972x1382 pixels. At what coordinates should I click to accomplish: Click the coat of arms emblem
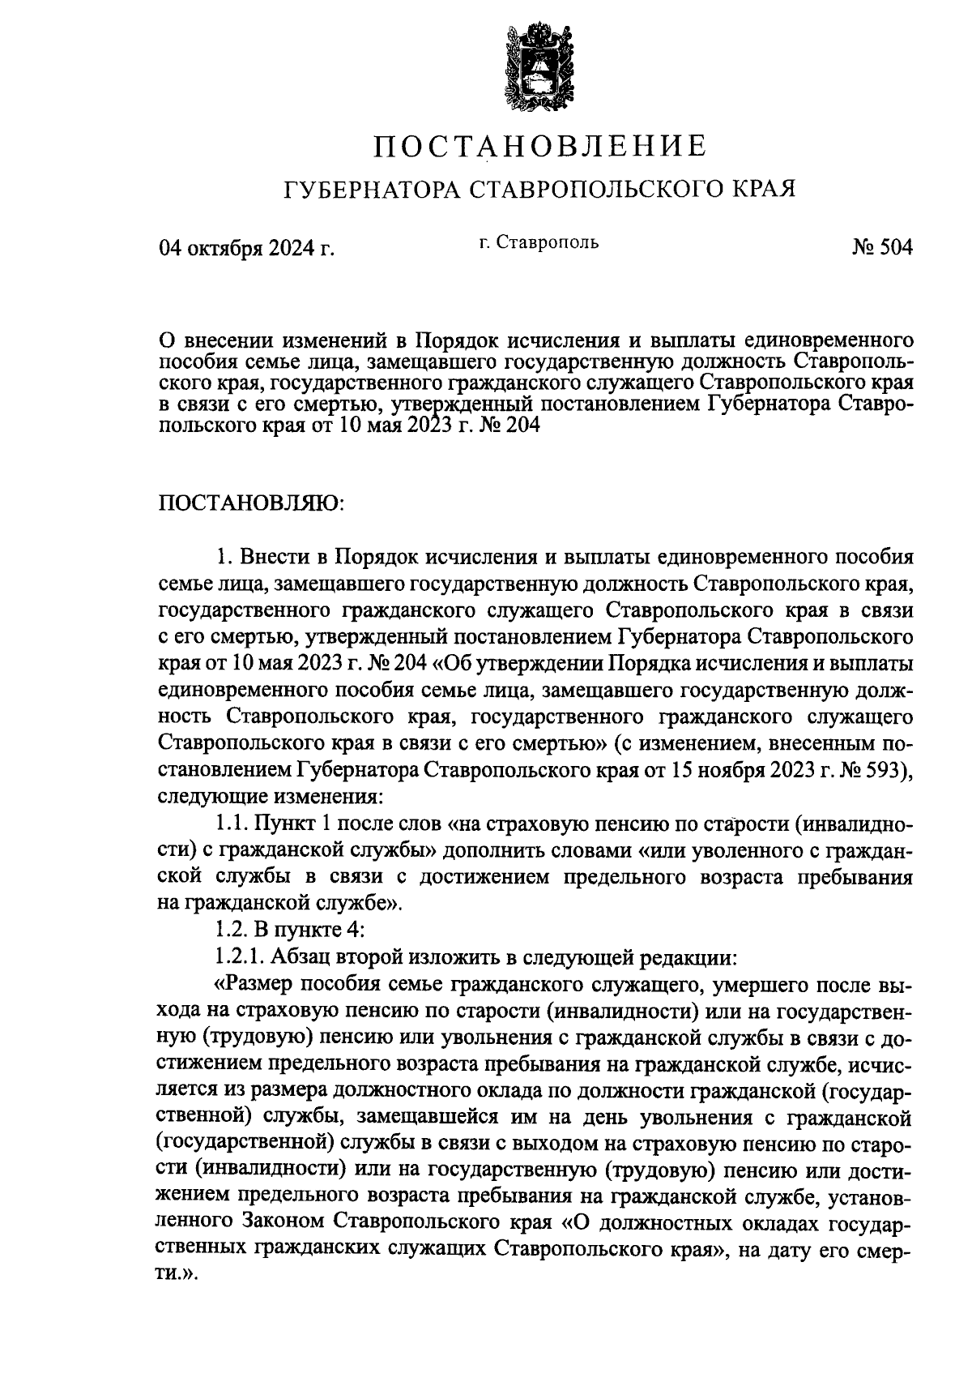click(536, 68)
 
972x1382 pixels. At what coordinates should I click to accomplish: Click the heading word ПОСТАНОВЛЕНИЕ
click(540, 146)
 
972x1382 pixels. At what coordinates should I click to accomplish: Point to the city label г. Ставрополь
click(538, 242)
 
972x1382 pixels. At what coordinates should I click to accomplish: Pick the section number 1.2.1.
click(240, 957)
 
